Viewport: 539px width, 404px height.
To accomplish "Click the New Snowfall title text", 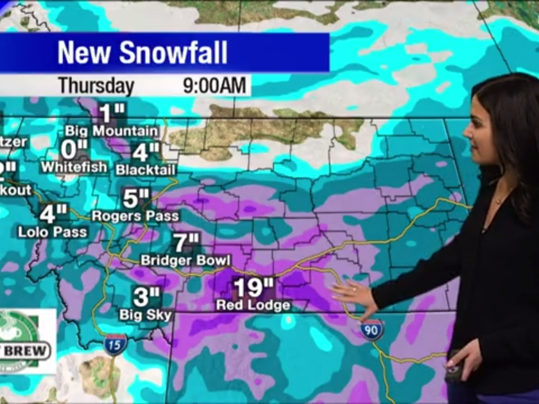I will click(142, 53).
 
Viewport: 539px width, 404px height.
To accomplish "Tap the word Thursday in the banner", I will click(96, 86).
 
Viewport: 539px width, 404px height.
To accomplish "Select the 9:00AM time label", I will click(214, 86).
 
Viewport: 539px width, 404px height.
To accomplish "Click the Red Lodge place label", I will click(253, 305).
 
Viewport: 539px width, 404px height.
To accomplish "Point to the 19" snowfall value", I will click(253, 286).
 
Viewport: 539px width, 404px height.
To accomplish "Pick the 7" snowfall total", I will click(186, 242).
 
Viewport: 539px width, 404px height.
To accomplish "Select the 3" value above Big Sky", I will click(146, 296).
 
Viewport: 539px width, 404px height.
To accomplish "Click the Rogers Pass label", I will click(135, 216).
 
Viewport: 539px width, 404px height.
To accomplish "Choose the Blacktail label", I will click(146, 171).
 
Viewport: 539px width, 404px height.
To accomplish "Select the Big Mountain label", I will click(112, 131).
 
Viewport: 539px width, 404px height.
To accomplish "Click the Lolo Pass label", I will click(53, 231).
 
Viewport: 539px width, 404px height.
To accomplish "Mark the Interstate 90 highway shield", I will click(372, 330).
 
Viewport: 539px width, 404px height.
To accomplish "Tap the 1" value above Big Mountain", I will click(111, 113).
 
